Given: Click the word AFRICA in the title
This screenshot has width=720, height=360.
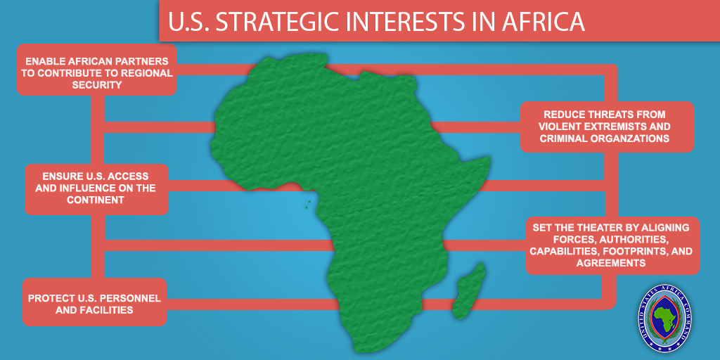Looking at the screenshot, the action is click(544, 22).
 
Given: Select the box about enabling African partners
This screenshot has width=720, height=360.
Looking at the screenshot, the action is click(97, 70).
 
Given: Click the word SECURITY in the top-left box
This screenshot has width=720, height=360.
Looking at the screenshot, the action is click(97, 85).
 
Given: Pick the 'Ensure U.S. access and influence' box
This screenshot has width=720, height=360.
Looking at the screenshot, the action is click(97, 189).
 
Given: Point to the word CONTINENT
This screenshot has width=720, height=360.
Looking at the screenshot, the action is click(96, 200).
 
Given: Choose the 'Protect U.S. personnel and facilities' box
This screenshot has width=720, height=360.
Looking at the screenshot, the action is click(95, 302).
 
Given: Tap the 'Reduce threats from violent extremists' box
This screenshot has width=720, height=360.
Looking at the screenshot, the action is click(607, 127).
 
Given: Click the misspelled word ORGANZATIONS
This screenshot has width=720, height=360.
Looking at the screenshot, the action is click(637, 139).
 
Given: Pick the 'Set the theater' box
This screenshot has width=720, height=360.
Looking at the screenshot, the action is click(612, 245).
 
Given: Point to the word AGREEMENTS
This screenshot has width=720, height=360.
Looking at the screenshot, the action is click(611, 263).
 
